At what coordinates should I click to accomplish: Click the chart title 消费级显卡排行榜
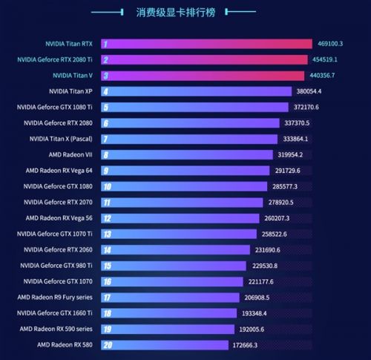(x=185, y=13)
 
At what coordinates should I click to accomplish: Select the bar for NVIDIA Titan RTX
(x=208, y=44)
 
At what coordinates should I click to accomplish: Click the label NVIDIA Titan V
(x=73, y=75)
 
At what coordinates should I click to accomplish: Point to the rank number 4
(x=107, y=91)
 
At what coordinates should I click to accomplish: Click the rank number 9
(x=107, y=170)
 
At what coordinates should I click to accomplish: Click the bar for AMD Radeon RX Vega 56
(x=182, y=217)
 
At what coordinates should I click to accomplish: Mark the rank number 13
(x=108, y=234)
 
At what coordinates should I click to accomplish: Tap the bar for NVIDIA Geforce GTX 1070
(x=174, y=281)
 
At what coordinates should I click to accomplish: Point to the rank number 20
(x=108, y=344)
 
